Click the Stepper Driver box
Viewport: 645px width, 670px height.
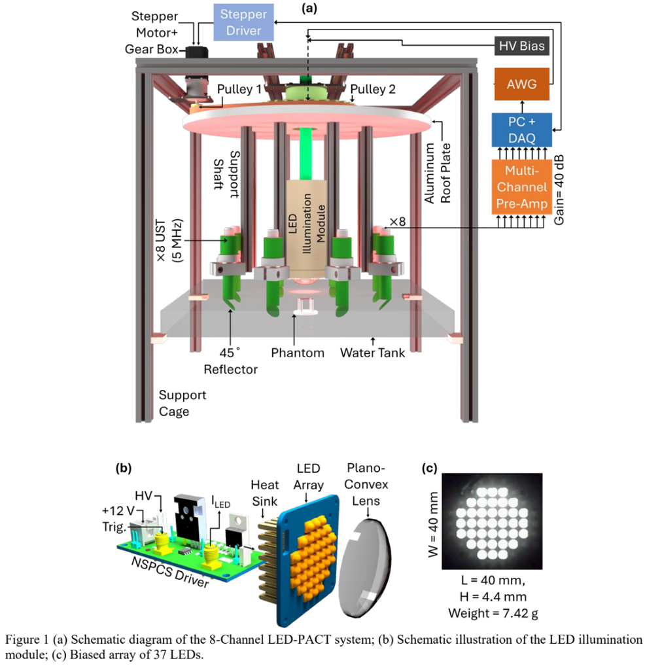(243, 22)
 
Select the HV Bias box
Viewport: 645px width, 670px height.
(521, 46)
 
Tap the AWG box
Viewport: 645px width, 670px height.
(521, 84)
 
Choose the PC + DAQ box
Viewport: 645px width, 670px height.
(521, 130)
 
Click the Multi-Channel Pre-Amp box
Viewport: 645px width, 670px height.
(521, 187)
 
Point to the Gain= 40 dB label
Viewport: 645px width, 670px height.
(559, 189)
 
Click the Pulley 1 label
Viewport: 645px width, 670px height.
(239, 89)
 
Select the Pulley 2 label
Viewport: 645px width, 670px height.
(373, 89)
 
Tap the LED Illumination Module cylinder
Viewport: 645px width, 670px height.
(307, 228)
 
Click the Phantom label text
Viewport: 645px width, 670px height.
(298, 353)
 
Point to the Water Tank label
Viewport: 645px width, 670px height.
(372, 353)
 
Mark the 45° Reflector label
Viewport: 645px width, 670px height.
(231, 361)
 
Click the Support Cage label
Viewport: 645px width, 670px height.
(183, 403)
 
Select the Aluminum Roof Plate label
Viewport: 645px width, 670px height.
(438, 173)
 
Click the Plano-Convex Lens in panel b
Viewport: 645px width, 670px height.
(364, 568)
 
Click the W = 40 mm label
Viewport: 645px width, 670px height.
(433, 524)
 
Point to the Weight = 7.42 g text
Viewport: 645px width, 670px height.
(493, 613)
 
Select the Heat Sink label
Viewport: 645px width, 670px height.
(265, 493)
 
